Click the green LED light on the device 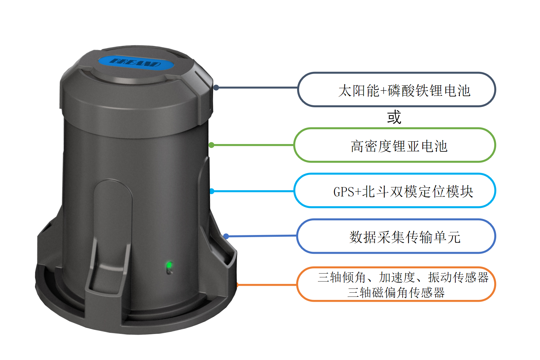coord(169,266)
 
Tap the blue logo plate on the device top coord(136,63)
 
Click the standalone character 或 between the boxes coord(394,117)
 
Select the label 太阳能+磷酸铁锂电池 coord(404,91)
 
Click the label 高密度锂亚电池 coord(399,146)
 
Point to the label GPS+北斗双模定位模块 coord(403,192)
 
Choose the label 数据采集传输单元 coord(405,237)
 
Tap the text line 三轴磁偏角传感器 coord(396,293)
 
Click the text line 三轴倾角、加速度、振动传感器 coord(403,277)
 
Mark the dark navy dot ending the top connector coord(216,87)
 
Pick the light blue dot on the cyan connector coord(212,191)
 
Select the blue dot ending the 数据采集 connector coord(226,236)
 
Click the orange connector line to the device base coord(267,285)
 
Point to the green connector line coord(253,145)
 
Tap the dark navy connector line coord(257,87)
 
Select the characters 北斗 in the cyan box coord(375,192)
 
